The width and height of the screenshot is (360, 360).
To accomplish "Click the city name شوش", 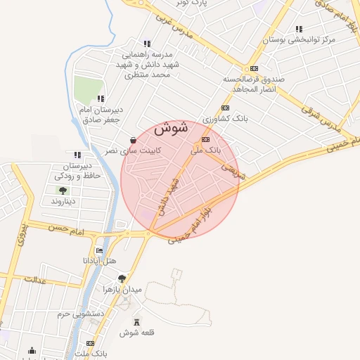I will click(169, 129).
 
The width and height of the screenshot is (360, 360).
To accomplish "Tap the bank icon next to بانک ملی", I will click(205, 140).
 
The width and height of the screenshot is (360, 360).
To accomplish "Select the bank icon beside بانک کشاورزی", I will click(225, 108).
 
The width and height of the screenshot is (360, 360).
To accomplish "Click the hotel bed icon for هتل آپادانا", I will click(99, 250).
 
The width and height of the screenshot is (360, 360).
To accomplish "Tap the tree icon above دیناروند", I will click(63, 190).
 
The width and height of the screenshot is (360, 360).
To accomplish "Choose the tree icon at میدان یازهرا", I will click(122, 278).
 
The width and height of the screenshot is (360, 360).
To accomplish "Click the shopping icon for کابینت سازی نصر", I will click(134, 139).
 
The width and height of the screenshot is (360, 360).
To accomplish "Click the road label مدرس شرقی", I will click(328, 120).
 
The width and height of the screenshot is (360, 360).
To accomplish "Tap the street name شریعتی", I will click(233, 172).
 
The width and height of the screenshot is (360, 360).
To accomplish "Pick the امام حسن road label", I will click(68, 230).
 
